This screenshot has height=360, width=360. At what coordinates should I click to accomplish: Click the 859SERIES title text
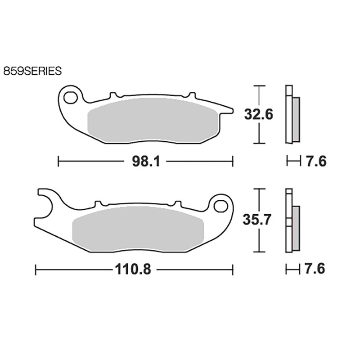tap(32, 71)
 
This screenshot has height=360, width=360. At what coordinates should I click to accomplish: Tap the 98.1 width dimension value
tap(146, 162)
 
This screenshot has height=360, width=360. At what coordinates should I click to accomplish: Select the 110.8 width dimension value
tap(133, 269)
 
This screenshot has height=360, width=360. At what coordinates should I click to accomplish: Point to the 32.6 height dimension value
tap(258, 115)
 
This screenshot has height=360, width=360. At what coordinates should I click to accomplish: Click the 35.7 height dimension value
tap(257, 220)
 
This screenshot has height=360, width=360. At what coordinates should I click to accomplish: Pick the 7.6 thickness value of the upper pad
tap(316, 162)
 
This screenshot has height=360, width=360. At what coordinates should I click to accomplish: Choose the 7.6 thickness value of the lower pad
tap(315, 269)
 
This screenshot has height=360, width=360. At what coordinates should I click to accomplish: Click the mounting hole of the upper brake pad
tap(70, 98)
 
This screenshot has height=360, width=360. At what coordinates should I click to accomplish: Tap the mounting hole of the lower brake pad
tap(220, 206)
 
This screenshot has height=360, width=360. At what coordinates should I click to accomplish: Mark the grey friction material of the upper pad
tap(153, 120)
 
